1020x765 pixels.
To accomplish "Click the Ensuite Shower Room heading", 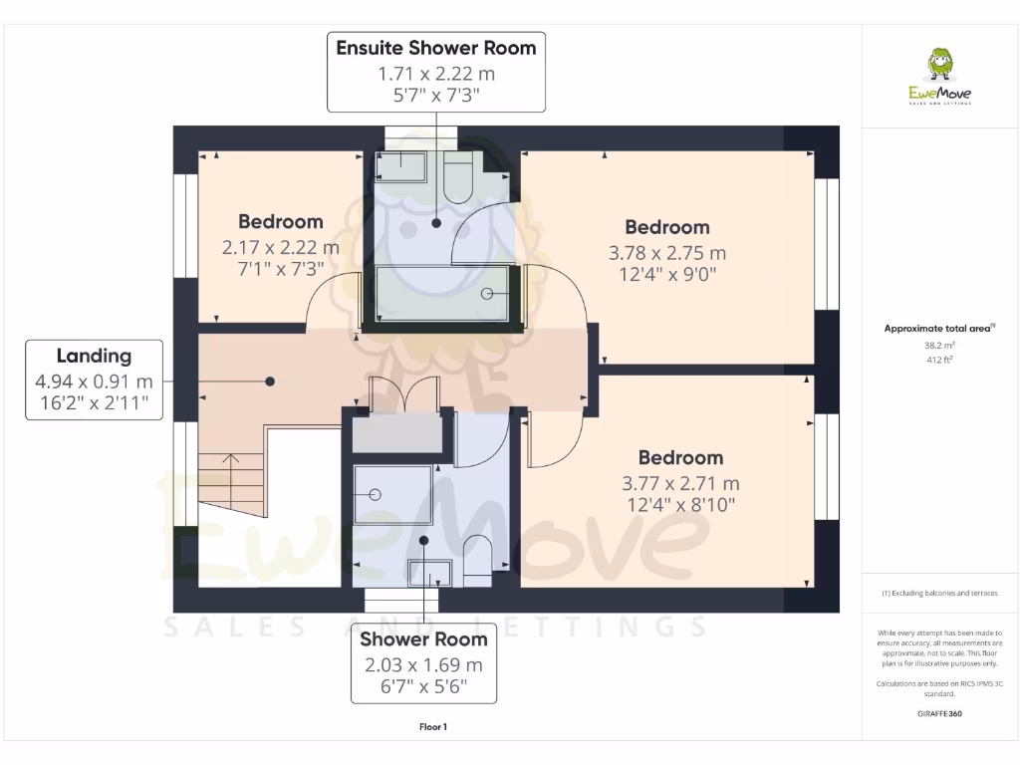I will pos(436,48).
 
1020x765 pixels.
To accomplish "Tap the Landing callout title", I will pos(94,356).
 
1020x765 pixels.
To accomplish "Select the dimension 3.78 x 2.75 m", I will pos(666,252).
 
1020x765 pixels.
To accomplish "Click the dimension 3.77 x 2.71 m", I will pos(680,483).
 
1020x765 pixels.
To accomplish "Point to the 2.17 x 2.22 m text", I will pos(280,247).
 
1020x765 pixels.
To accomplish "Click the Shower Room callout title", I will pos(423,639).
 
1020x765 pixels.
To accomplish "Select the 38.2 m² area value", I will pos(939,346).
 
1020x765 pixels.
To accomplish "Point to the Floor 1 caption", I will pos(433,727).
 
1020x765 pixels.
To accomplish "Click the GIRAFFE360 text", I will pos(939,714).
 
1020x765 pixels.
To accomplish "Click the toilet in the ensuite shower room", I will pos(459,177).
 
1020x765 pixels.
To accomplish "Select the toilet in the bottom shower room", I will pos(478,553).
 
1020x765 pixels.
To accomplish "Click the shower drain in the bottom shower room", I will pos(376,494).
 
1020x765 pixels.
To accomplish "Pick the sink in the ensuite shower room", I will pos(401,165).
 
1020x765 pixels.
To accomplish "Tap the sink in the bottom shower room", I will pos(430,573).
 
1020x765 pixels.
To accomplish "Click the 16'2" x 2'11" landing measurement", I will pos(94,401).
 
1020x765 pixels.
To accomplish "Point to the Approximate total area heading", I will pos(939,328).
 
